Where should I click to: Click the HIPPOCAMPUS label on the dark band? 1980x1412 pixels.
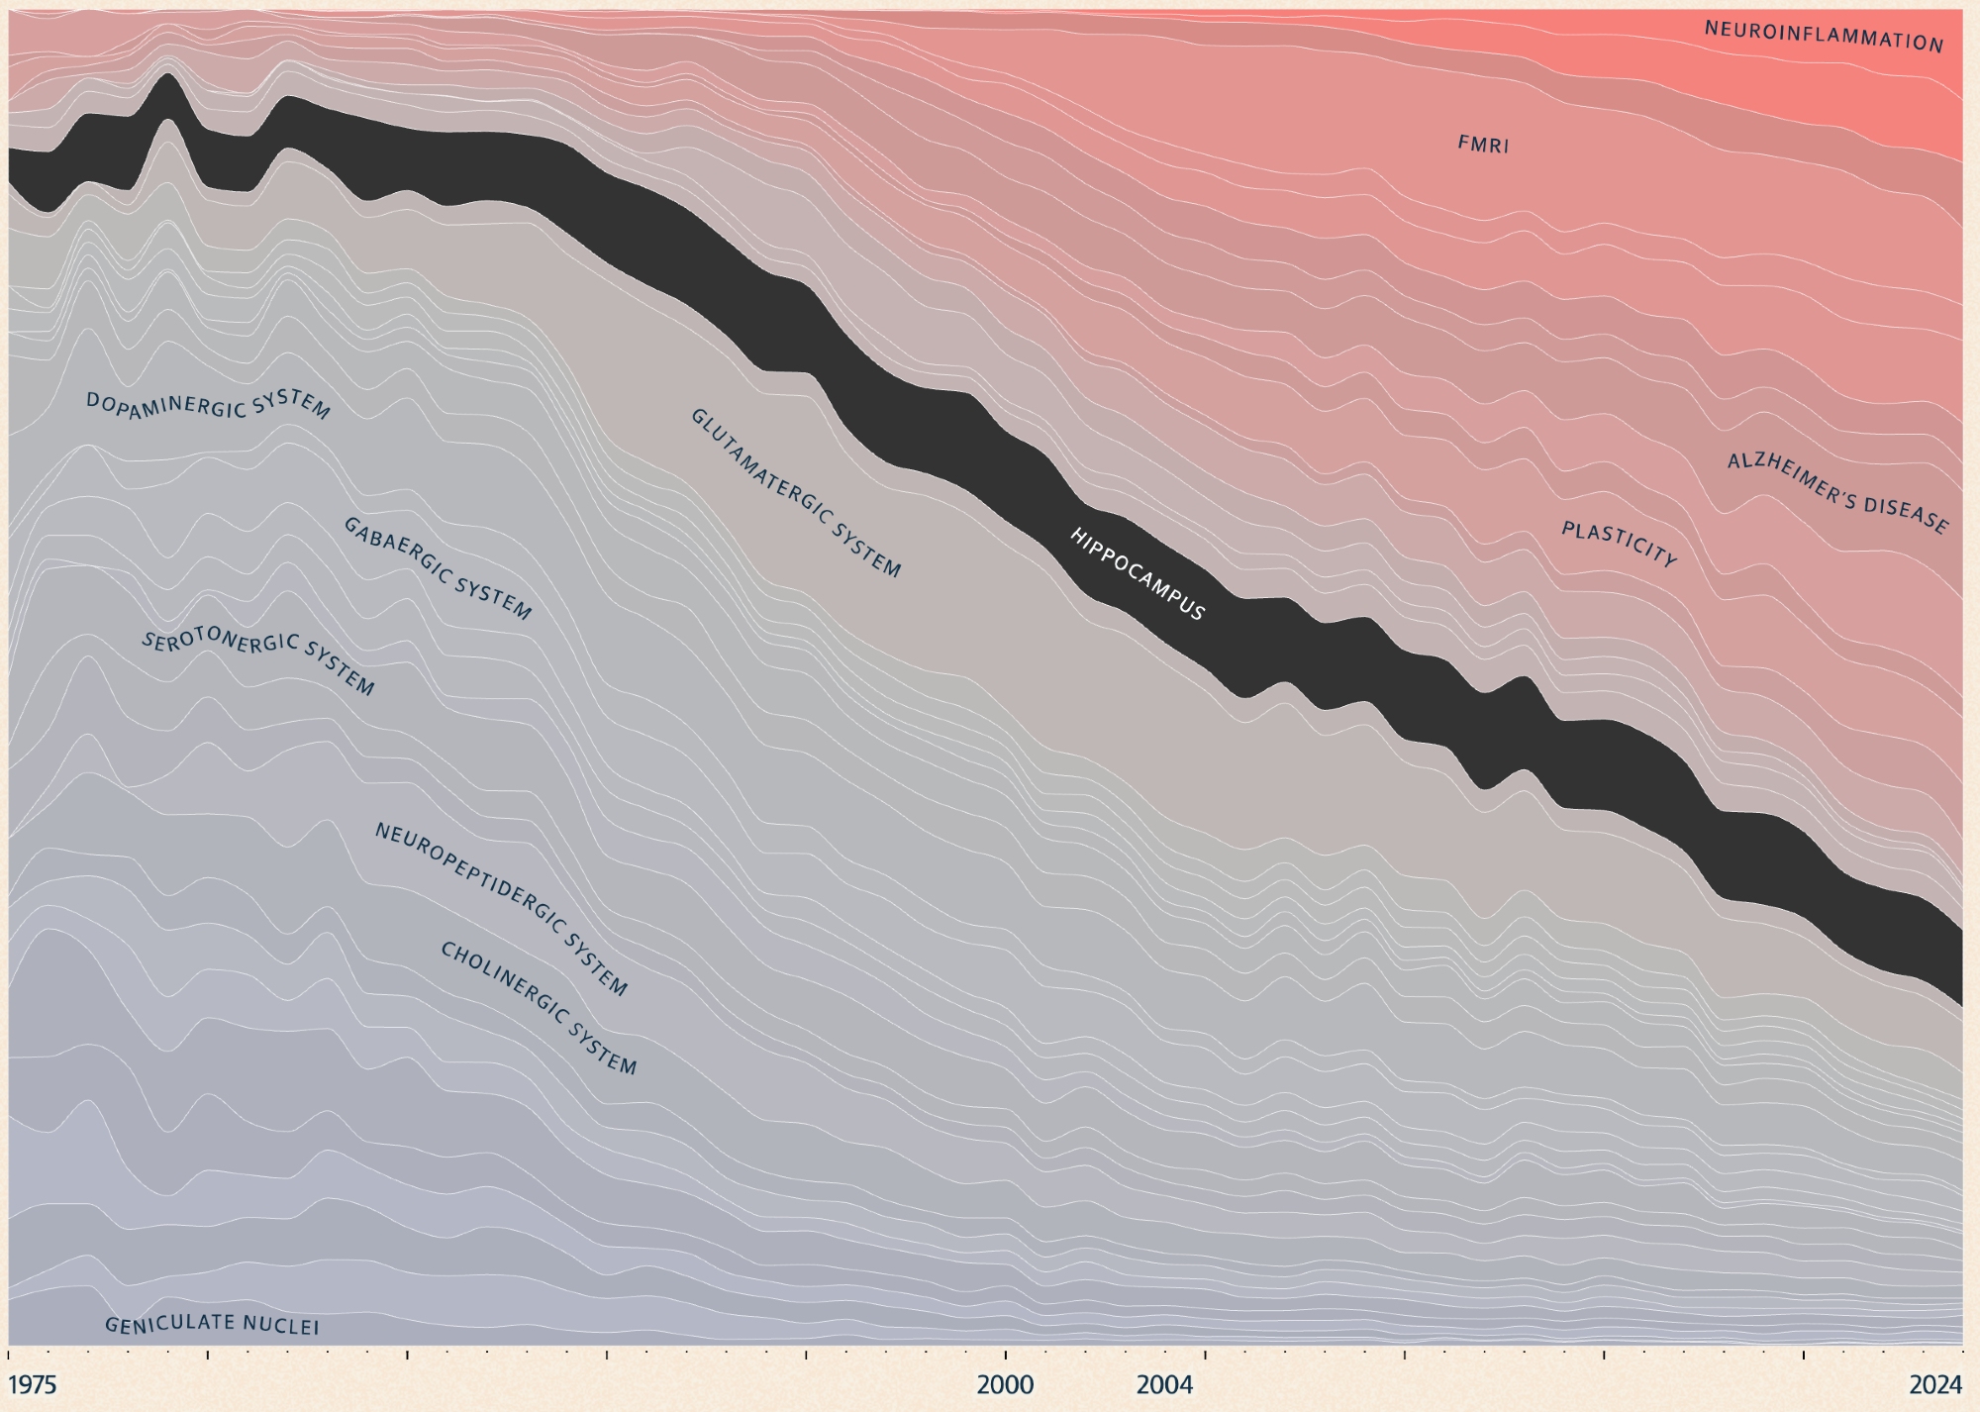click(x=1138, y=573)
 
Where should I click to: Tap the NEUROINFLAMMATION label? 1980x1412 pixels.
click(x=1824, y=37)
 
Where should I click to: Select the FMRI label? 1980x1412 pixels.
click(x=1483, y=145)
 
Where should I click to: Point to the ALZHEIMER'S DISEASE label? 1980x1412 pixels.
click(x=1837, y=492)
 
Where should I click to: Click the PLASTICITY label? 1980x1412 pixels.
click(x=1619, y=545)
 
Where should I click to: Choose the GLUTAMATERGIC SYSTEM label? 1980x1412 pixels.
click(x=795, y=492)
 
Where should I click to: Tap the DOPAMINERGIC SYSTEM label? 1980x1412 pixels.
click(x=208, y=405)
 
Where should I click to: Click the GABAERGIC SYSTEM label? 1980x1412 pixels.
click(x=437, y=568)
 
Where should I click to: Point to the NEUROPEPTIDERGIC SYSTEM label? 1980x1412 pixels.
click(x=500, y=908)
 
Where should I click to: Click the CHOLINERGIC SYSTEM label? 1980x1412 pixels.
click(x=538, y=1007)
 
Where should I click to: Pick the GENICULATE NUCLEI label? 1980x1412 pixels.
click(x=212, y=1325)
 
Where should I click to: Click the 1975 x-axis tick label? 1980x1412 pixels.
click(x=33, y=1384)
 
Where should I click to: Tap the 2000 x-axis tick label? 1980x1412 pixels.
click(x=1005, y=1384)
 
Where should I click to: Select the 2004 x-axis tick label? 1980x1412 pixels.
click(x=1165, y=1384)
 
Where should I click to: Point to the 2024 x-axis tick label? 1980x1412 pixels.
click(x=1935, y=1384)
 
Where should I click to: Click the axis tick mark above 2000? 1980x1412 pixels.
click(x=1006, y=1353)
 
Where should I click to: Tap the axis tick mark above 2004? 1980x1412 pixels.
click(x=1205, y=1353)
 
